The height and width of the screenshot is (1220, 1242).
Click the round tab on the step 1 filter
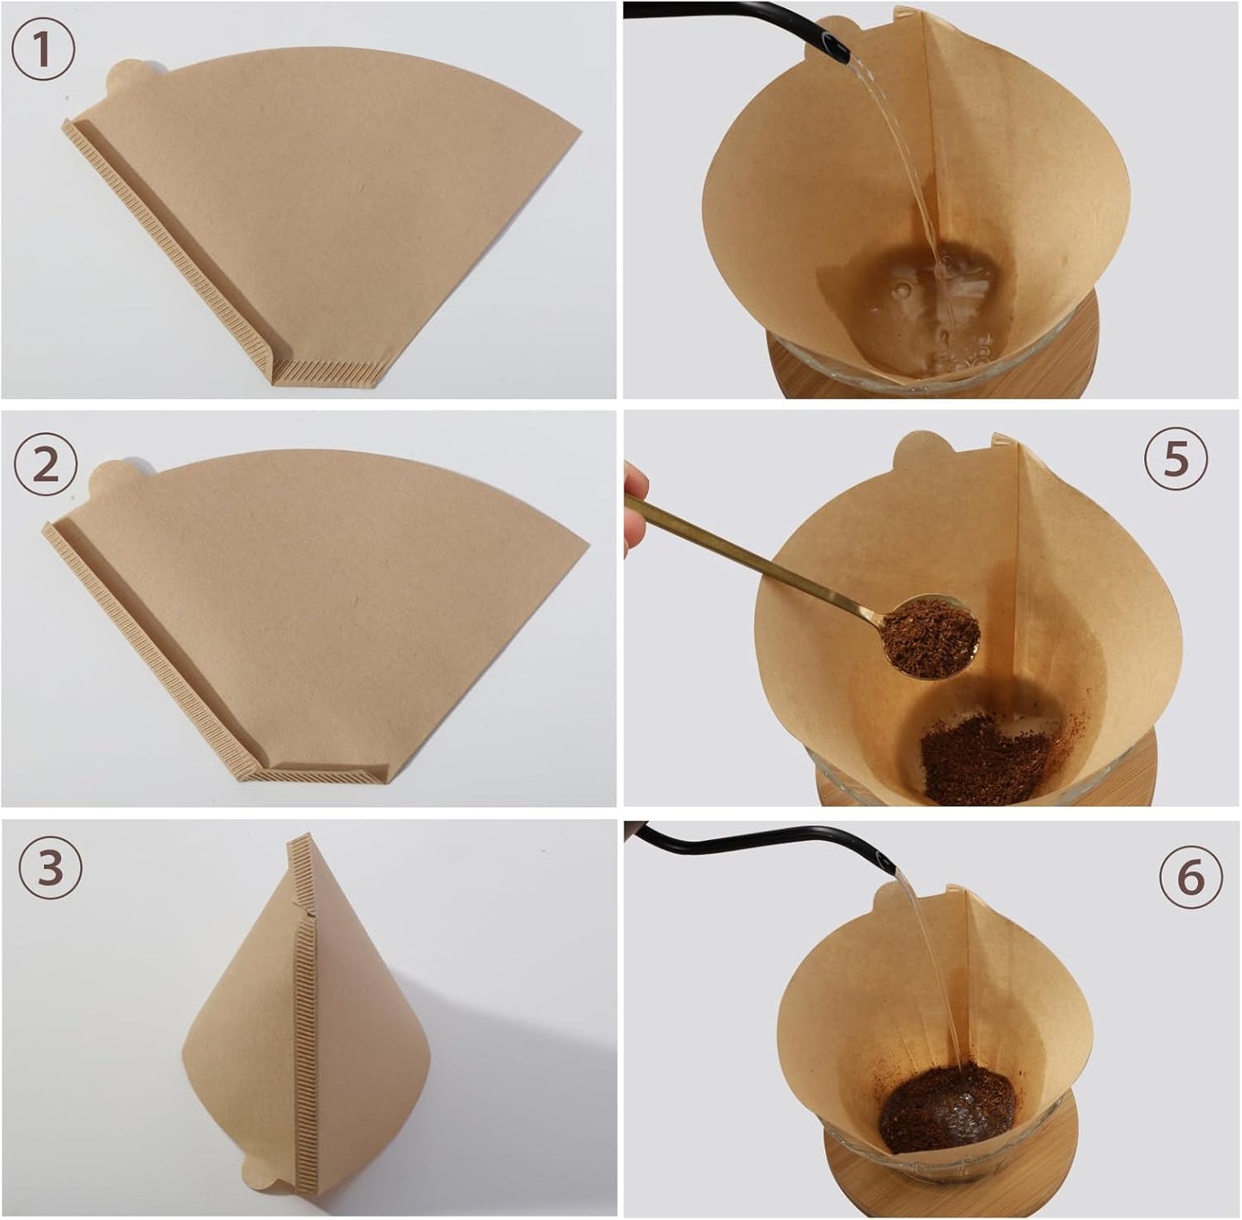[x=125, y=78]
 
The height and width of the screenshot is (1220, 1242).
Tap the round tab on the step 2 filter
[x=112, y=478]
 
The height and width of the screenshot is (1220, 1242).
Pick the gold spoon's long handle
[x=756, y=555]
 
